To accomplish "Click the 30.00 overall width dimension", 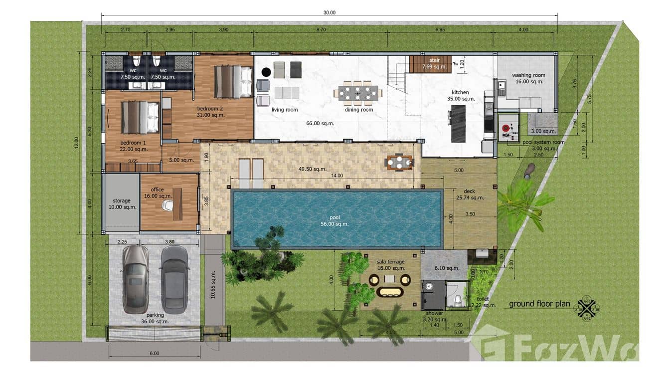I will pos(330,12).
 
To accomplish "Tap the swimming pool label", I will pos(337,220).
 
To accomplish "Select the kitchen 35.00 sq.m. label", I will pos(460,96).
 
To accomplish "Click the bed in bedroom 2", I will pos(233,82).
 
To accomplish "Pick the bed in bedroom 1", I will pos(141,118).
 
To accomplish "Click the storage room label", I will pos(122,203).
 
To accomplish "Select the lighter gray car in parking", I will pos(135,279).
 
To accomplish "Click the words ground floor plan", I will pos(539,304).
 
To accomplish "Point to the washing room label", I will pos(528,78).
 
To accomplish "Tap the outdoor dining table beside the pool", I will pos(399,162).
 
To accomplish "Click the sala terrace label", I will pos(390,265).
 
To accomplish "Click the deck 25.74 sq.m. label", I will pos(471,194).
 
